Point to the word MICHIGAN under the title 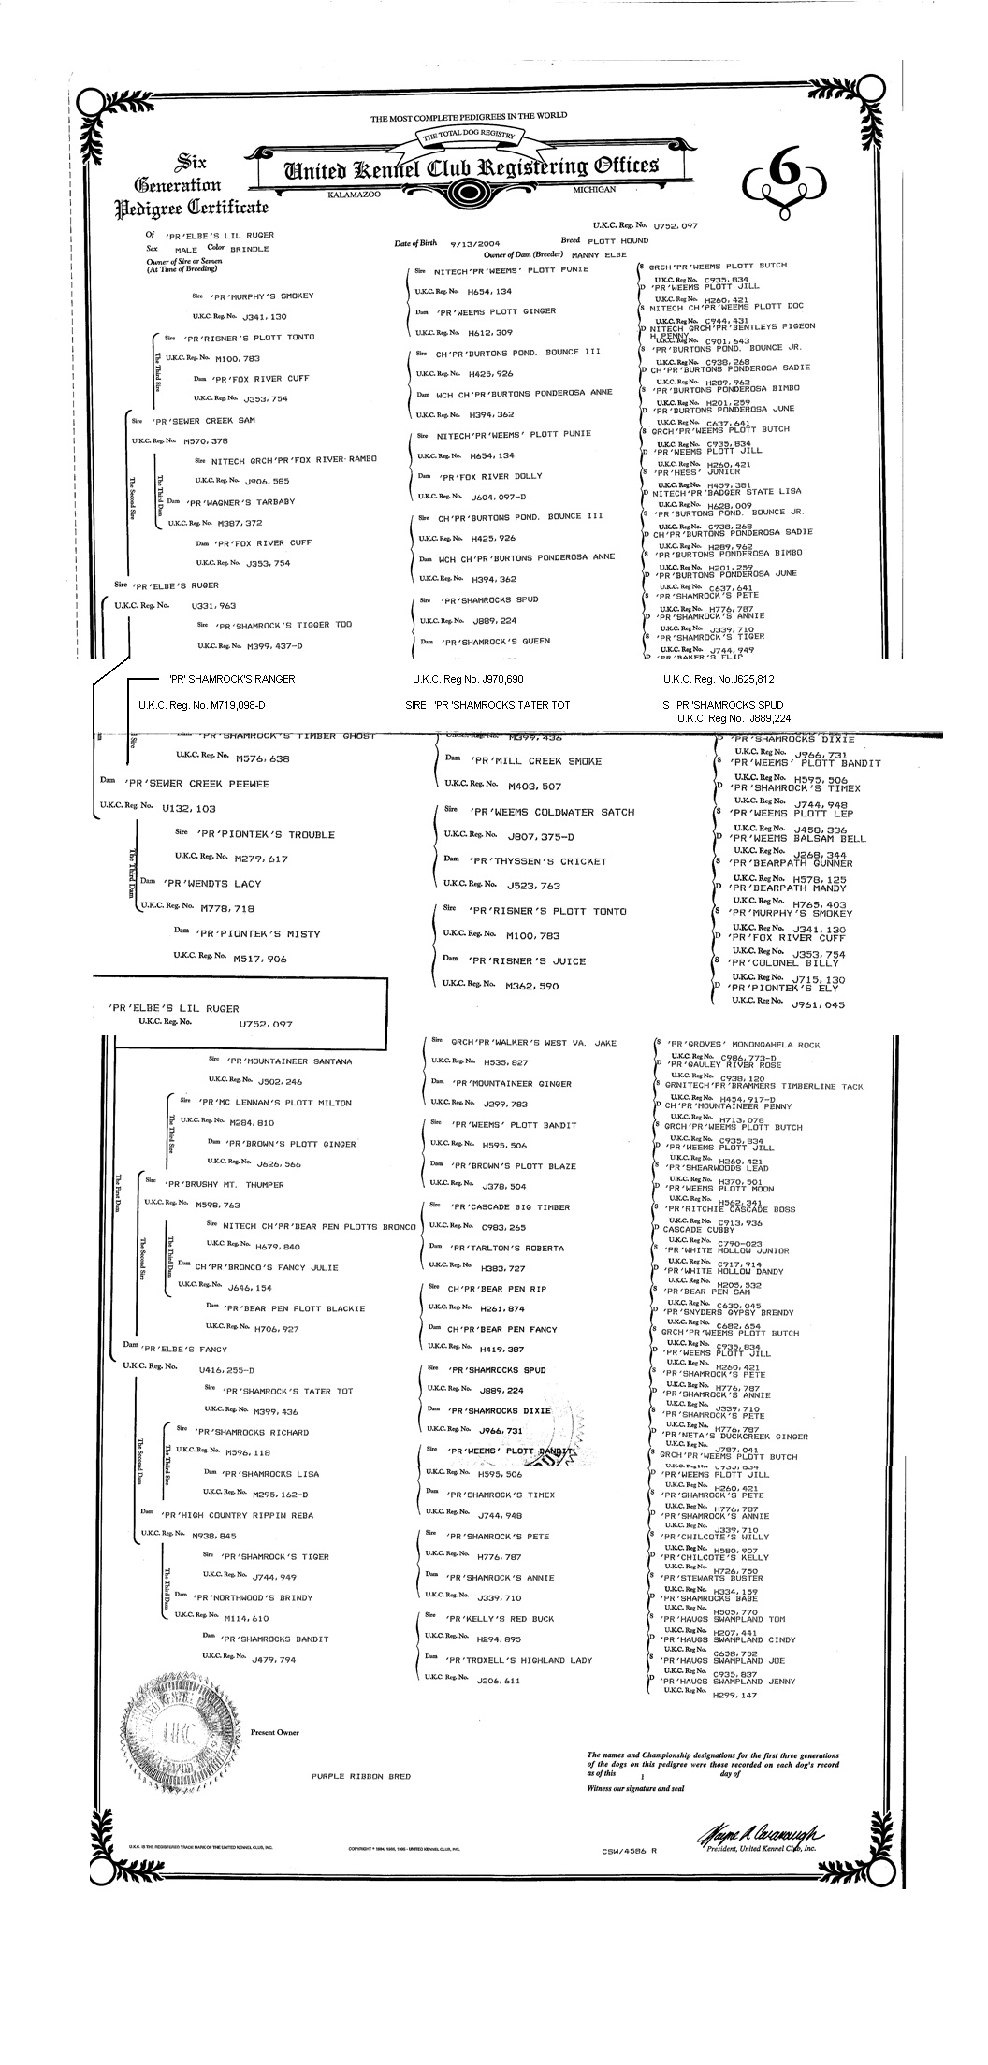click(x=595, y=189)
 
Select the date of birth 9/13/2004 click(x=475, y=243)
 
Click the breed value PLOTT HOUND click(x=617, y=240)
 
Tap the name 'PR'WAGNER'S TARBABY click(x=241, y=502)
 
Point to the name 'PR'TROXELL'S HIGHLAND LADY click(x=519, y=1660)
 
